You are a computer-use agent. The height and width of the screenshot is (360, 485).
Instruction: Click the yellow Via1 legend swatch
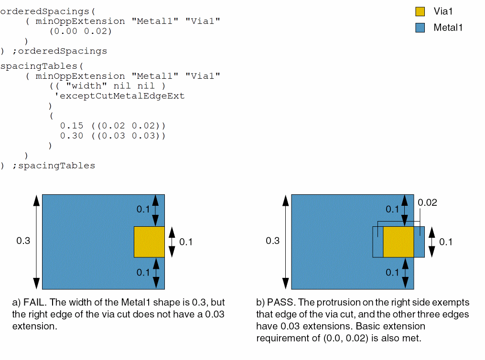tap(420, 11)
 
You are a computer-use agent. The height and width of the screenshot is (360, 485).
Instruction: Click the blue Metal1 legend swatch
tap(420, 28)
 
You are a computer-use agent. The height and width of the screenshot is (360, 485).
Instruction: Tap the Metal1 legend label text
tap(448, 28)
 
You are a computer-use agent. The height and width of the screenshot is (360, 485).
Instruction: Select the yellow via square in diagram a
tap(149, 242)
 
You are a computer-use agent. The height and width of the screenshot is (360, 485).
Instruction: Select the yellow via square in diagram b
tap(399, 242)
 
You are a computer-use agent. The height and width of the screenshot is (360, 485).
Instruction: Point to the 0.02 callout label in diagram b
tap(427, 202)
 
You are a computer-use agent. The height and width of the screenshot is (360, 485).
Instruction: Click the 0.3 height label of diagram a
tap(23, 241)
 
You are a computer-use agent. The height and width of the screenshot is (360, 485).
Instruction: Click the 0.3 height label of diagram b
tap(272, 241)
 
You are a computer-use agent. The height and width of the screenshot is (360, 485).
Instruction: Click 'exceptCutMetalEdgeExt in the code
tap(119, 96)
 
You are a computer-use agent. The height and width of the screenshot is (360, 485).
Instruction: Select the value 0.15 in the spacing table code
tap(72, 126)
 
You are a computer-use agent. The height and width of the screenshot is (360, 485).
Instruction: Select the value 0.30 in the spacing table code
tap(72, 136)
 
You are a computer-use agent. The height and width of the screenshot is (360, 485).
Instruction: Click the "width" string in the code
tap(86, 86)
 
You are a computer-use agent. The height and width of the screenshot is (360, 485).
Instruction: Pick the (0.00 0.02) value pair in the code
tap(80, 31)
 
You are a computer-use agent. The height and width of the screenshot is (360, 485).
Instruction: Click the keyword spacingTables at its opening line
tap(39, 66)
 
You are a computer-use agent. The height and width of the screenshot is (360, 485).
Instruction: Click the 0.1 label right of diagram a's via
tap(185, 242)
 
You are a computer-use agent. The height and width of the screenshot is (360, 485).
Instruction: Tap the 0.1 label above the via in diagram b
tap(392, 210)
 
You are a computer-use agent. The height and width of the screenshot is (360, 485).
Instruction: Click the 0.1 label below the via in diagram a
tap(143, 273)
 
